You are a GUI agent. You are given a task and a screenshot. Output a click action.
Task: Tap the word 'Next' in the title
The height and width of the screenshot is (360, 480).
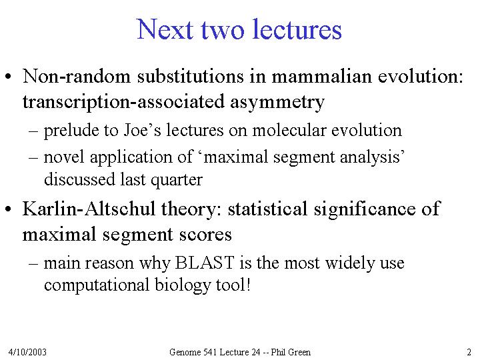click(165, 29)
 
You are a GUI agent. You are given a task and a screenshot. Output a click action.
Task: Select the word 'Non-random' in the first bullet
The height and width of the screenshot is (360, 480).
click(77, 76)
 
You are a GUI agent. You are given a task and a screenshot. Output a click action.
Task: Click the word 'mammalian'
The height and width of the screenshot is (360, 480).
click(322, 76)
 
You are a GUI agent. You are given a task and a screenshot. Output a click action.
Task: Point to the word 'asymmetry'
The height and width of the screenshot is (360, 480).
click(277, 103)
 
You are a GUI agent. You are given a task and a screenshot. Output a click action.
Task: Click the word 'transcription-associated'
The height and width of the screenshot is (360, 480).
click(124, 102)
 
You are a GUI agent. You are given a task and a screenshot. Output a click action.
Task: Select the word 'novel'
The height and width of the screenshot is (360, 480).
click(64, 157)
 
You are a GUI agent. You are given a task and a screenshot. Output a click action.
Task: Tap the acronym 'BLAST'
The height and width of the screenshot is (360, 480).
click(205, 263)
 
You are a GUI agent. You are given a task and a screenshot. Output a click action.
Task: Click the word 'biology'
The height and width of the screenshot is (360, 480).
click(183, 285)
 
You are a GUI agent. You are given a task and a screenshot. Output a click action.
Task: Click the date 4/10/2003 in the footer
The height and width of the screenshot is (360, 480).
click(27, 352)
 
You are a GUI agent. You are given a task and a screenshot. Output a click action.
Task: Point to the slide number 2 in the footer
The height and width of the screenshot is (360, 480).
click(469, 352)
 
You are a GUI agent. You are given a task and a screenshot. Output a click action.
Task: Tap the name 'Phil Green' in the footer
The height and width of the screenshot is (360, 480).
click(291, 352)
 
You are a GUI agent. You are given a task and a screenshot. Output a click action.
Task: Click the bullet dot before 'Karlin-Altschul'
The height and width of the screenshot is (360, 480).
click(9, 210)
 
